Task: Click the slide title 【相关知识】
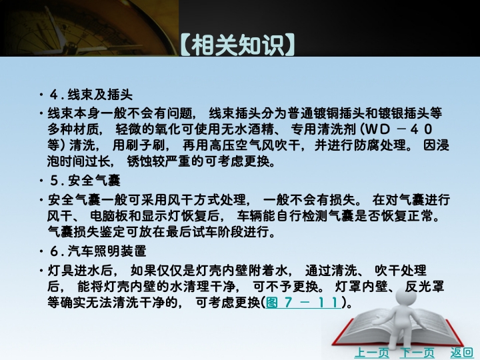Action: pyautogui.click(x=238, y=45)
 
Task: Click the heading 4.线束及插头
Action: pyautogui.click(x=91, y=95)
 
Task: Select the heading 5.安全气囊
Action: pyautogui.click(x=85, y=181)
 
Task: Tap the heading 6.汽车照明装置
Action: pyautogui.click(x=98, y=251)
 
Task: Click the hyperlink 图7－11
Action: pyautogui.click(x=303, y=303)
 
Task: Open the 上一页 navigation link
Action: pyautogui.click(x=371, y=353)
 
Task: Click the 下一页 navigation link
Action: pyautogui.click(x=417, y=353)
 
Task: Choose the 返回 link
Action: pyautogui.click(x=461, y=353)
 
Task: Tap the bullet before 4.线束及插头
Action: pyautogui.click(x=41, y=95)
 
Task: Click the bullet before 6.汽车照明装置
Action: pyautogui.click(x=41, y=251)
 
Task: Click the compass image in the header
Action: pyautogui.click(x=89, y=28)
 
